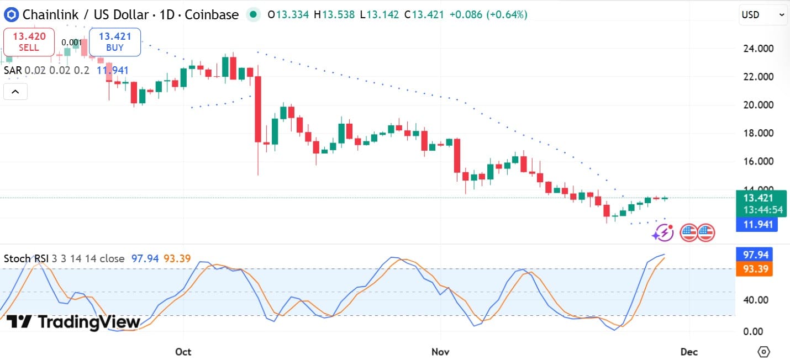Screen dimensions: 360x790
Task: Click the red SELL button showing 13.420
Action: [x=29, y=42]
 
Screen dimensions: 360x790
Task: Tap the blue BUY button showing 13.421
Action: [x=115, y=42]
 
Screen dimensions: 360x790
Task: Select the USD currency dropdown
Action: [x=763, y=15]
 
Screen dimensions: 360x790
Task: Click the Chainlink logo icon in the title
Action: [x=11, y=15]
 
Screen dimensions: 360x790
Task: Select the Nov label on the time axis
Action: [x=440, y=351]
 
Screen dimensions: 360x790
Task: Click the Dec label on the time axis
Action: [x=689, y=351]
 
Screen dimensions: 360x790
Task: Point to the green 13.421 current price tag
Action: [x=760, y=203]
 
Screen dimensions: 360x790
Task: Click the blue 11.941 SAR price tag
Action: [x=757, y=224]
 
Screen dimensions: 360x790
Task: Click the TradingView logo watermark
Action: [x=73, y=321]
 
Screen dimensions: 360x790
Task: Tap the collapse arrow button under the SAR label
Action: [x=15, y=92]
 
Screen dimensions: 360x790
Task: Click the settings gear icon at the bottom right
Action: [x=763, y=351]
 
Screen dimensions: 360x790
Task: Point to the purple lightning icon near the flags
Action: [x=662, y=233]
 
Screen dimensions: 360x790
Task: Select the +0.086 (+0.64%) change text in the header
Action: [x=488, y=15]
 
